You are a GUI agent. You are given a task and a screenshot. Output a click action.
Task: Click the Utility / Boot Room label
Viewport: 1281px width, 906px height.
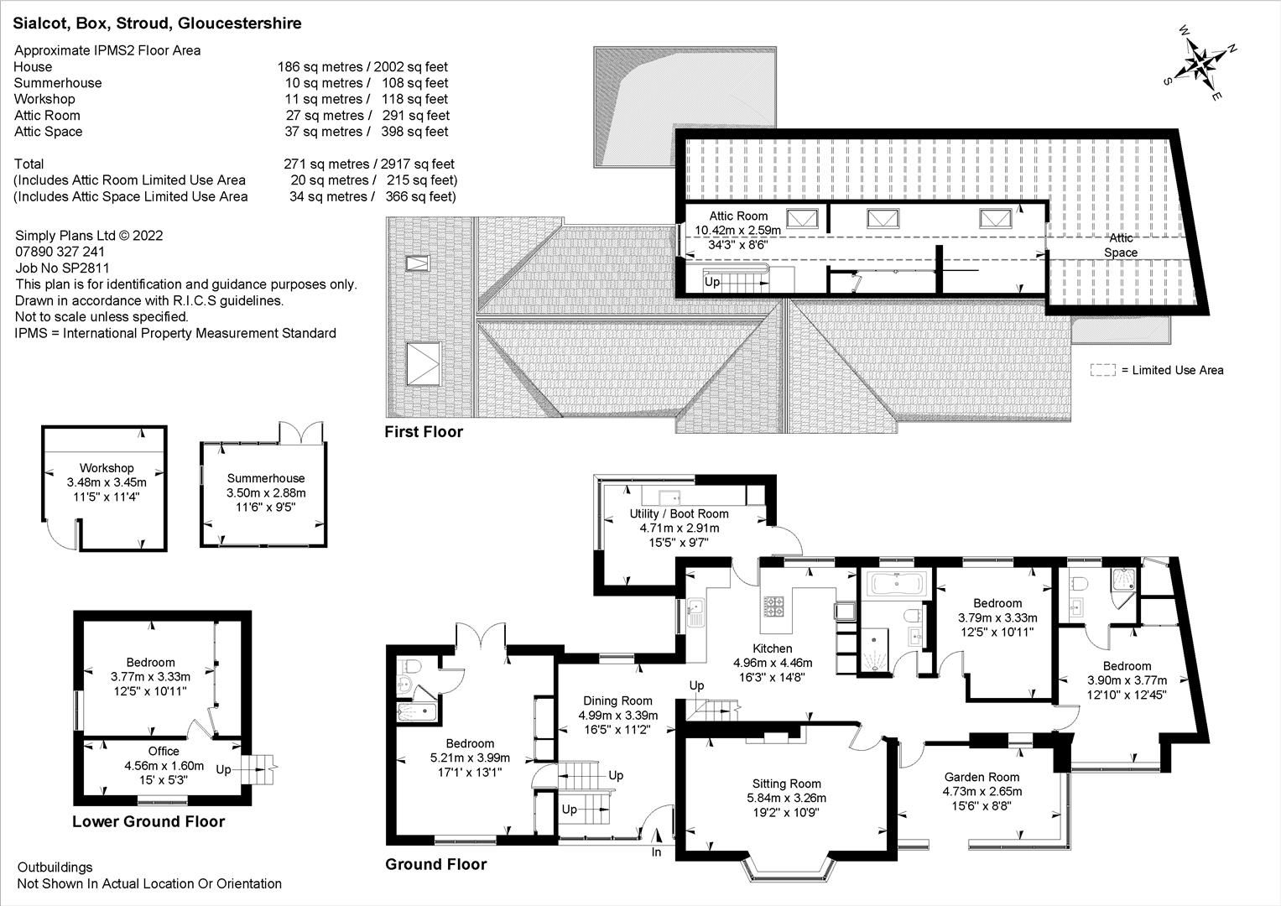(x=679, y=513)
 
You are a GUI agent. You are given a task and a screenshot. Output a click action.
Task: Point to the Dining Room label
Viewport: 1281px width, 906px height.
(x=617, y=700)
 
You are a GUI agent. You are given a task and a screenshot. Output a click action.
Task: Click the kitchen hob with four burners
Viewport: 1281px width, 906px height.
(x=773, y=606)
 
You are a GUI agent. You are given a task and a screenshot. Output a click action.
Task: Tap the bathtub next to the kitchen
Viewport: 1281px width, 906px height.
(x=897, y=583)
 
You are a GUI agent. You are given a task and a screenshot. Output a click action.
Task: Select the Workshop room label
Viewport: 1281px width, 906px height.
(x=107, y=468)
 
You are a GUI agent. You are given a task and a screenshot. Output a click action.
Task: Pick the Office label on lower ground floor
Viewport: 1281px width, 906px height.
(x=164, y=751)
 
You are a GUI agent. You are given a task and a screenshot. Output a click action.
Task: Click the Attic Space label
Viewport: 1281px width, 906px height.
(x=1121, y=246)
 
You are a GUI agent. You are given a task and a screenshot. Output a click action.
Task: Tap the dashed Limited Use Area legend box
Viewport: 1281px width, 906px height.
(x=1102, y=370)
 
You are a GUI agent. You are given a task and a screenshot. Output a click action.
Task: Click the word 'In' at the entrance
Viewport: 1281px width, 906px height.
(x=656, y=852)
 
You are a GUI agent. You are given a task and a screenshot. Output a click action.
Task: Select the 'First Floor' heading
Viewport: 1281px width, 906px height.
(x=424, y=432)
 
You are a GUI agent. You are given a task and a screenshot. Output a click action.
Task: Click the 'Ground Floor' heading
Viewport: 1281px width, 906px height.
(x=435, y=864)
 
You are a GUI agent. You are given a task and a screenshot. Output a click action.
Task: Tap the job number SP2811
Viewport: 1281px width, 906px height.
(x=89, y=268)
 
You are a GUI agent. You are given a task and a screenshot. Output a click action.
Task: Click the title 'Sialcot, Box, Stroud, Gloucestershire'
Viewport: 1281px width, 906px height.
(x=157, y=23)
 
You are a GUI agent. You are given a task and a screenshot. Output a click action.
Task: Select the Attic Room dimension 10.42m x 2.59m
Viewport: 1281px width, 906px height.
(x=737, y=230)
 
